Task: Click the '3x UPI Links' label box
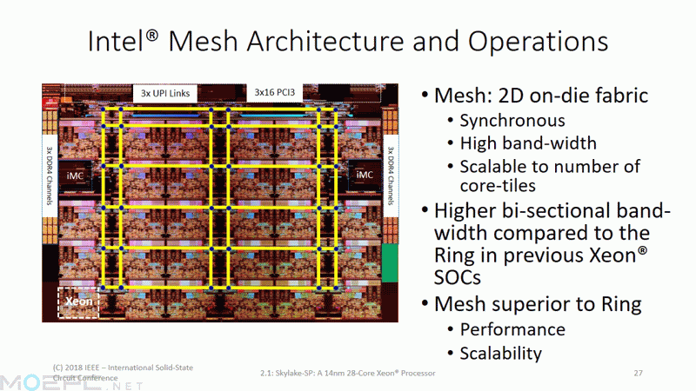coord(165,93)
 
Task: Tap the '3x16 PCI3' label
coord(274,92)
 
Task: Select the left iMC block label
coord(75,176)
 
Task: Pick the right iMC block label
coord(365,175)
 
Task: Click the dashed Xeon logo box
coord(78,302)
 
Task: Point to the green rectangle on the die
coord(390,262)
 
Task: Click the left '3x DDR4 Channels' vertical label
coord(50,176)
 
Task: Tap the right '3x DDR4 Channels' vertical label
coord(390,176)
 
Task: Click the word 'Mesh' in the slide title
coord(204,41)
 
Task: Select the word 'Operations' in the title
coord(538,42)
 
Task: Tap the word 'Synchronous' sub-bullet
coord(512,121)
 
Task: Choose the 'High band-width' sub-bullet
coord(528,143)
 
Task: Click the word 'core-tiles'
coord(498,185)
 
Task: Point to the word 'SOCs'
coord(458,278)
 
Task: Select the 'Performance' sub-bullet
coord(512,330)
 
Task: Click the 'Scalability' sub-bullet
coord(501,354)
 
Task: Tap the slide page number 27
coord(638,374)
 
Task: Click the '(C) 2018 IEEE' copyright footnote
coord(123,373)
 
